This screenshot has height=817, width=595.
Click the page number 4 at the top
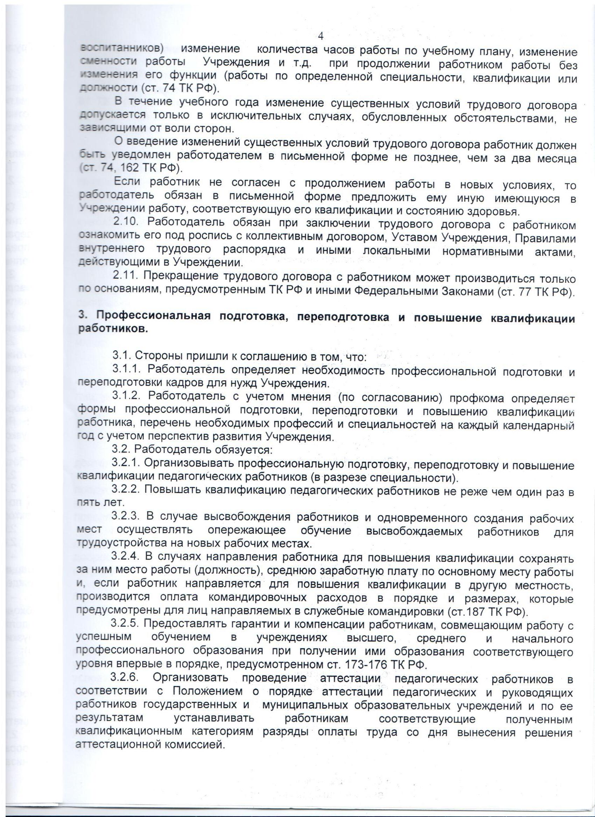tap(321, 36)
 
